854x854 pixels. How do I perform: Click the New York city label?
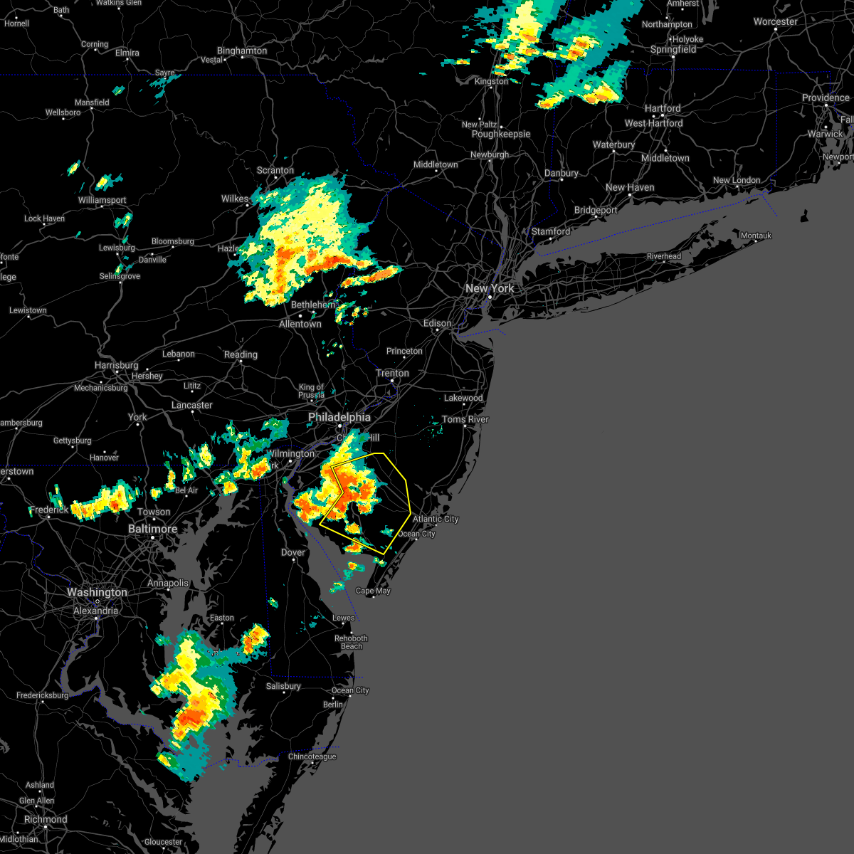(x=489, y=288)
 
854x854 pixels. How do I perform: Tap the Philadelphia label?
(x=339, y=417)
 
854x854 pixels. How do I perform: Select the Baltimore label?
(x=152, y=529)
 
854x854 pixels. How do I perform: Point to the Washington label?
(x=97, y=592)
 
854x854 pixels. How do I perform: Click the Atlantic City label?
(x=436, y=519)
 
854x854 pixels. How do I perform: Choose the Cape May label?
(x=374, y=591)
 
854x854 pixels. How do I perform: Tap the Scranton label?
(x=275, y=170)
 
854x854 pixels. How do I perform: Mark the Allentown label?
(x=300, y=324)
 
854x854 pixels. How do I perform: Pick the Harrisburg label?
(x=117, y=365)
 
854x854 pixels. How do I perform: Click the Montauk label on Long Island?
(x=756, y=236)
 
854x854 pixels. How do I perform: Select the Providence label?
(x=826, y=97)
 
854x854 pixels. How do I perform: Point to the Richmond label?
(x=46, y=819)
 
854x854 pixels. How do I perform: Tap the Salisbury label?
(x=283, y=686)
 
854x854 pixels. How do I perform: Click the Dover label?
(x=293, y=552)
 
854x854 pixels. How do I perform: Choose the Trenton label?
(x=392, y=373)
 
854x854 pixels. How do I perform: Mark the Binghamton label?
(x=242, y=51)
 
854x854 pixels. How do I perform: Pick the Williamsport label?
(x=102, y=200)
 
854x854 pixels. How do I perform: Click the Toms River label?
(x=465, y=419)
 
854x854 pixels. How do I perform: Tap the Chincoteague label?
(x=312, y=757)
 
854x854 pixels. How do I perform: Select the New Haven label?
(x=630, y=187)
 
